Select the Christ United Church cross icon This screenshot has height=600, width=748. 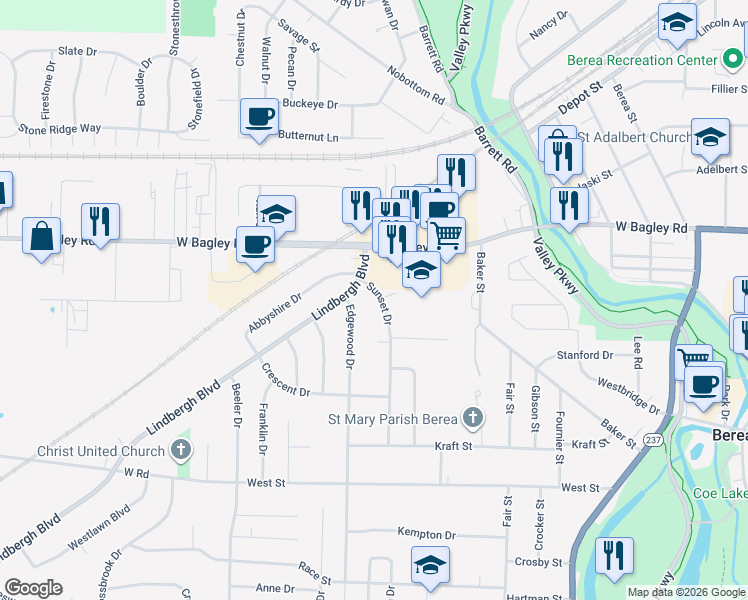click(x=180, y=450)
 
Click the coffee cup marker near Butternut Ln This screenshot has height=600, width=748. click(x=259, y=117)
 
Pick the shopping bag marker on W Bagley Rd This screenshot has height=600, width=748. click(x=42, y=236)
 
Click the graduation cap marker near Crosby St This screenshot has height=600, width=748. click(x=430, y=565)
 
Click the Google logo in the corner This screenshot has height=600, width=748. click(x=33, y=588)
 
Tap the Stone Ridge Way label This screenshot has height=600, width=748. click(x=60, y=129)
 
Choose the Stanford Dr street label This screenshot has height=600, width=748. click(x=585, y=355)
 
